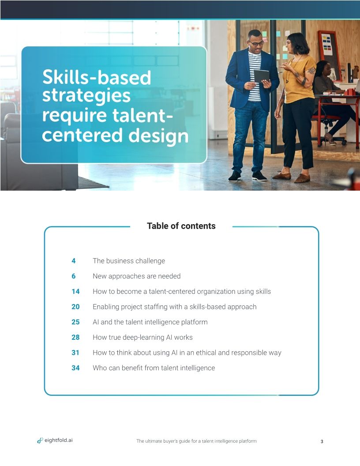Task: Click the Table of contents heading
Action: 181,226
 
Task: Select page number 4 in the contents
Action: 74,261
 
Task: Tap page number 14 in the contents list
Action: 75,291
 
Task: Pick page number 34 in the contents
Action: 75,368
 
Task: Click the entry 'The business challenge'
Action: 129,261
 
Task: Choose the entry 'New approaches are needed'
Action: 136,276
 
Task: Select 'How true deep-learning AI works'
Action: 142,337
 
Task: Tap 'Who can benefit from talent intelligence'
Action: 154,368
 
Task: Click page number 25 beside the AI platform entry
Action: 75,322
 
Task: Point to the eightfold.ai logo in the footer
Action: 55,440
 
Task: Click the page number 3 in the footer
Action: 322,441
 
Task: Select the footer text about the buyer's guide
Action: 196,441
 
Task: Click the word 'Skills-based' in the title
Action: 97,78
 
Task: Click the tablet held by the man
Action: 261,76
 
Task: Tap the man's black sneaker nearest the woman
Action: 259,176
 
